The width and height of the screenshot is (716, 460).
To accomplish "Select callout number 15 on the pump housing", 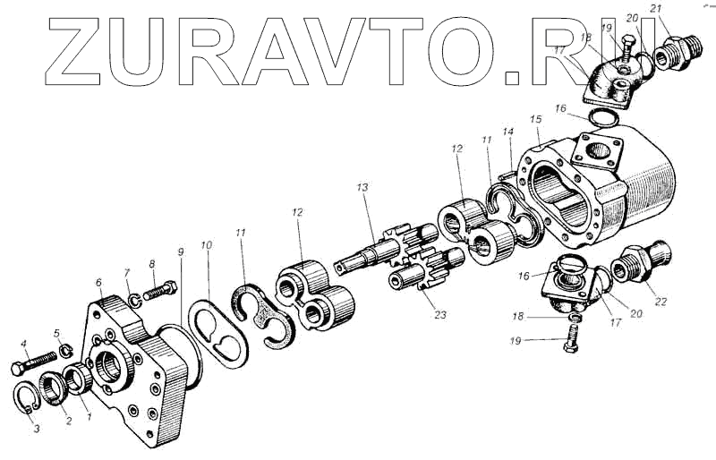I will click(536, 119).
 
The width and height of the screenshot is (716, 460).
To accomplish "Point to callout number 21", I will click(655, 9).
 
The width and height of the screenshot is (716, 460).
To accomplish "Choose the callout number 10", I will click(207, 245).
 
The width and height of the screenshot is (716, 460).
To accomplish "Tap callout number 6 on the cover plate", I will click(98, 282).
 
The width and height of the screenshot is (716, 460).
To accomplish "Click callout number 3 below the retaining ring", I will click(37, 430).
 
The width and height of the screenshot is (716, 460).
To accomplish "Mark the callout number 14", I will click(507, 132).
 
